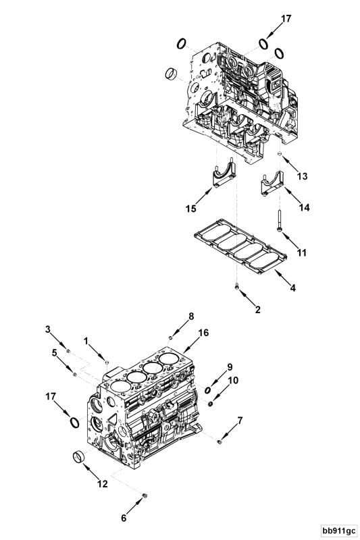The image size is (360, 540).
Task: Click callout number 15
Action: pos(191,209)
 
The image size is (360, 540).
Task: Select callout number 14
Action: pos(304,207)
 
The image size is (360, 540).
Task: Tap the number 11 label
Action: pos(302,252)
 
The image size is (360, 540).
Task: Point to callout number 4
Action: pos(293,288)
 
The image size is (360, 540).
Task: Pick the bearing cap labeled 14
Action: pos(272,184)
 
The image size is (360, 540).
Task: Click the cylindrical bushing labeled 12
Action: pos(78,458)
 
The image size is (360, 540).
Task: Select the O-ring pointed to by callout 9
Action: pos(208,390)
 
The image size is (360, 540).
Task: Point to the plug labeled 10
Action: pos(211,403)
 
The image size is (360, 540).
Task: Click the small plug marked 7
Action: pos(220,441)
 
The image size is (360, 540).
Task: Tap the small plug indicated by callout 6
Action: pos(145,495)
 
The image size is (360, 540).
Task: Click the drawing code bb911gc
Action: pos(339,531)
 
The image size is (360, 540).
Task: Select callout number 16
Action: pos(203,333)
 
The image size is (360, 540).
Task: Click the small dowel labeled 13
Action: pos(280,154)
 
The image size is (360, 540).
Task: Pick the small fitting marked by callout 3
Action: pos(68,351)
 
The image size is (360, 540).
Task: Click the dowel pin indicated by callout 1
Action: pos(107,362)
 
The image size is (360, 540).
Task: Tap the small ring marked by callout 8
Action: pos(170,337)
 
